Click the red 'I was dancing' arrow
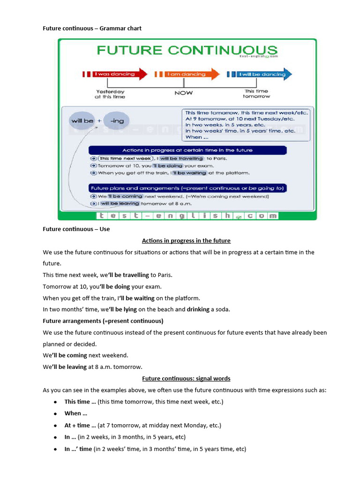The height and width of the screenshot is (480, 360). (115, 74)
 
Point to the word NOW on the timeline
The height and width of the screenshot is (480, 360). (183, 93)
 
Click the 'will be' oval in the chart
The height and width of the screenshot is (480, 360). (82, 120)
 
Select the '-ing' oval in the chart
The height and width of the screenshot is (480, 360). (117, 120)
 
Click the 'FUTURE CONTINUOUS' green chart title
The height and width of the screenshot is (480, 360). (187, 50)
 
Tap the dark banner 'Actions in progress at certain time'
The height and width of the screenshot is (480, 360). (187, 150)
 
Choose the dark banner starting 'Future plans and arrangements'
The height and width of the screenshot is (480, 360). (187, 188)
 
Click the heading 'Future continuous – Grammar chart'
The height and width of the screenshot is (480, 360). (92, 28)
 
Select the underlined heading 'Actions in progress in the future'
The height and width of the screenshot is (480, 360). (186, 240)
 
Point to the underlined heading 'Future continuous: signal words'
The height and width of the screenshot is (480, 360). (186, 378)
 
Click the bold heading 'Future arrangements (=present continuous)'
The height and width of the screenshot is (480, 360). (103, 321)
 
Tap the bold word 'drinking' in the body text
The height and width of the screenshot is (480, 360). (198, 309)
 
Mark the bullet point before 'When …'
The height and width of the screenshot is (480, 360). (55, 413)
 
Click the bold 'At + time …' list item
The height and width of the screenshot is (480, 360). (80, 425)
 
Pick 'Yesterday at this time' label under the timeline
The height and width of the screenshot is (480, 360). (110, 94)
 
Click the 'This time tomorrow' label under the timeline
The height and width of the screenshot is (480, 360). (256, 94)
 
